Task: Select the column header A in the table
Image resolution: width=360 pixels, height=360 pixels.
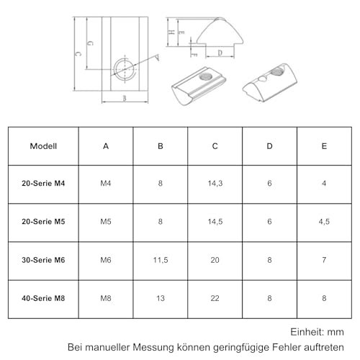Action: coord(106,146)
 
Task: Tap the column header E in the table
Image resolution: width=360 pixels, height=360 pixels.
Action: coord(324,146)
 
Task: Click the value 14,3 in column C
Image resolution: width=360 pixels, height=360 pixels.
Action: coord(215,184)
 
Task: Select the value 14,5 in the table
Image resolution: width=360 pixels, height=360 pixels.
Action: coord(215,222)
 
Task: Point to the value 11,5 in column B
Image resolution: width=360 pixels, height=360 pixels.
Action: coord(160,258)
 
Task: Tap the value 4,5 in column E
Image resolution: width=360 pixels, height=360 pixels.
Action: coord(324,222)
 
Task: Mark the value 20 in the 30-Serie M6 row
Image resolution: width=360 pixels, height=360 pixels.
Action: coord(215,258)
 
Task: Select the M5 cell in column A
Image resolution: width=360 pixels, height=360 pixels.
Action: coord(106,222)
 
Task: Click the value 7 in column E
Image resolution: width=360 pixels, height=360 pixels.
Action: coord(324,258)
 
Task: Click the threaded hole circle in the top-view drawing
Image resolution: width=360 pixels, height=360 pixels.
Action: coord(124,69)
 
